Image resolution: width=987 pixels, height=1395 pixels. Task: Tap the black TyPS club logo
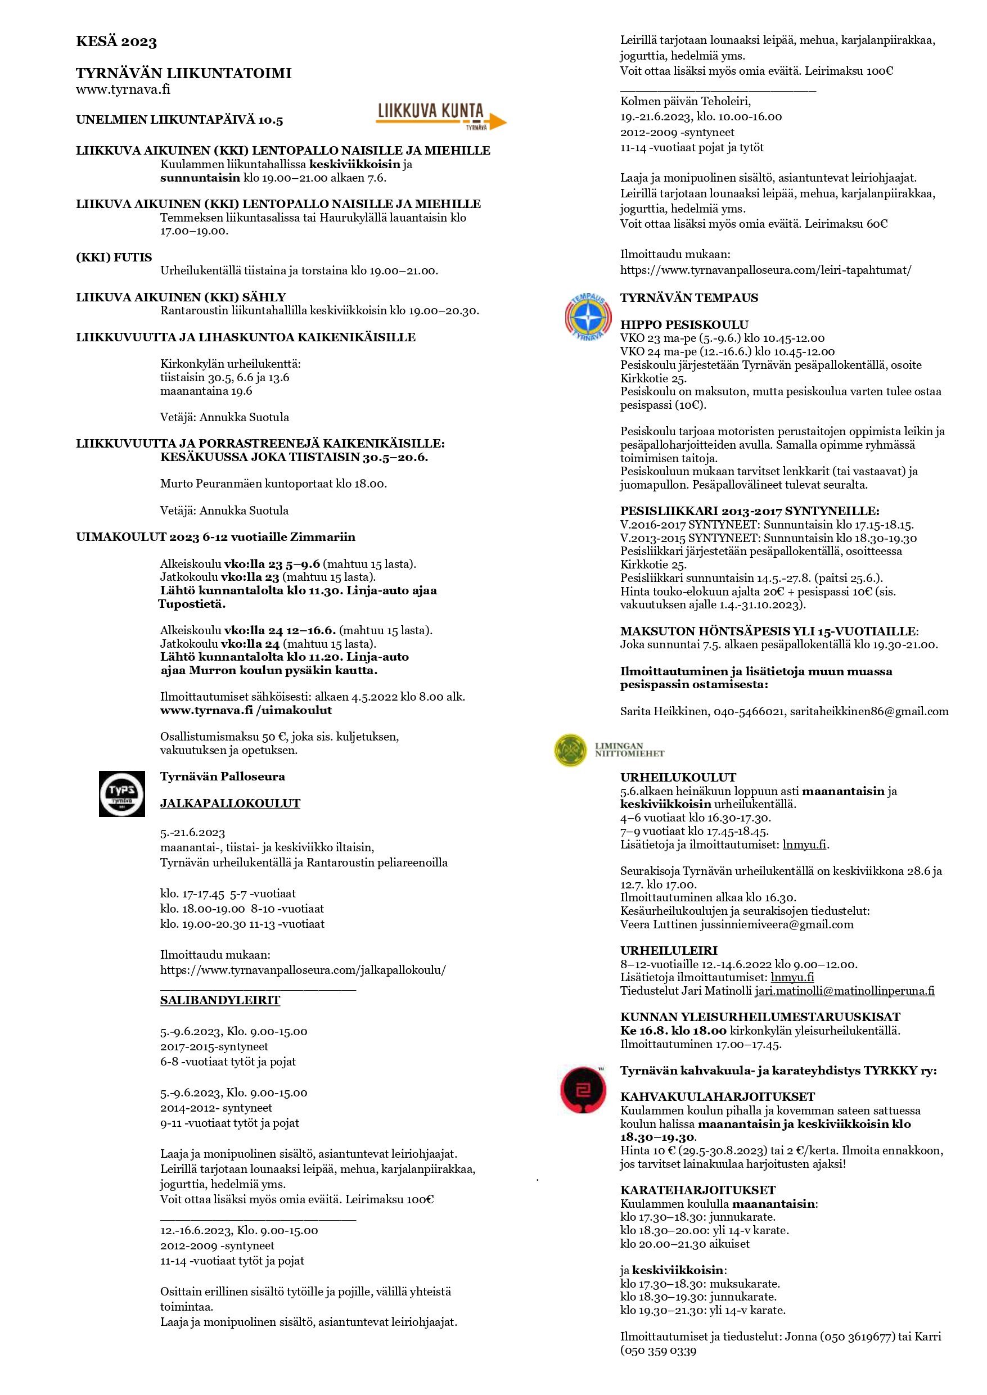coord(122,793)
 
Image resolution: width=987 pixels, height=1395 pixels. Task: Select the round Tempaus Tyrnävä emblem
coord(583,318)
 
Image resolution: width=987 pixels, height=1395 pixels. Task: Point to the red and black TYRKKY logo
coord(583,1091)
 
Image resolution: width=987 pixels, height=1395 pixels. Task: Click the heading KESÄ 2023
coord(116,42)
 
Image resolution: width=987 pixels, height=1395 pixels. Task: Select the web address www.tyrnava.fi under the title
coord(123,89)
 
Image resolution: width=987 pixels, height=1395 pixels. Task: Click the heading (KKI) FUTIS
coord(114,258)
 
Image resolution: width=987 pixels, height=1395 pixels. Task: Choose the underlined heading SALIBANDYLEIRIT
coord(220,1000)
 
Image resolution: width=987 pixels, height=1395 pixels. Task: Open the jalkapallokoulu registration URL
coord(303,970)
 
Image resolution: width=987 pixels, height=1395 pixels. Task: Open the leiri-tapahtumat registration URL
coord(766,270)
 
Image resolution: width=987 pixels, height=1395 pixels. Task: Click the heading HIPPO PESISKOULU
coord(684,324)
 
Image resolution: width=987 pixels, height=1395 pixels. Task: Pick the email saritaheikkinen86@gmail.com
coord(869,711)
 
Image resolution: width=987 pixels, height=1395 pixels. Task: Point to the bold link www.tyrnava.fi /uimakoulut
coord(246,710)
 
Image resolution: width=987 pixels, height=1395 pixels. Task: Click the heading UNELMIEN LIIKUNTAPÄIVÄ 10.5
coord(179,120)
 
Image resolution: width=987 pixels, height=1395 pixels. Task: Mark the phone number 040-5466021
coord(748,711)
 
